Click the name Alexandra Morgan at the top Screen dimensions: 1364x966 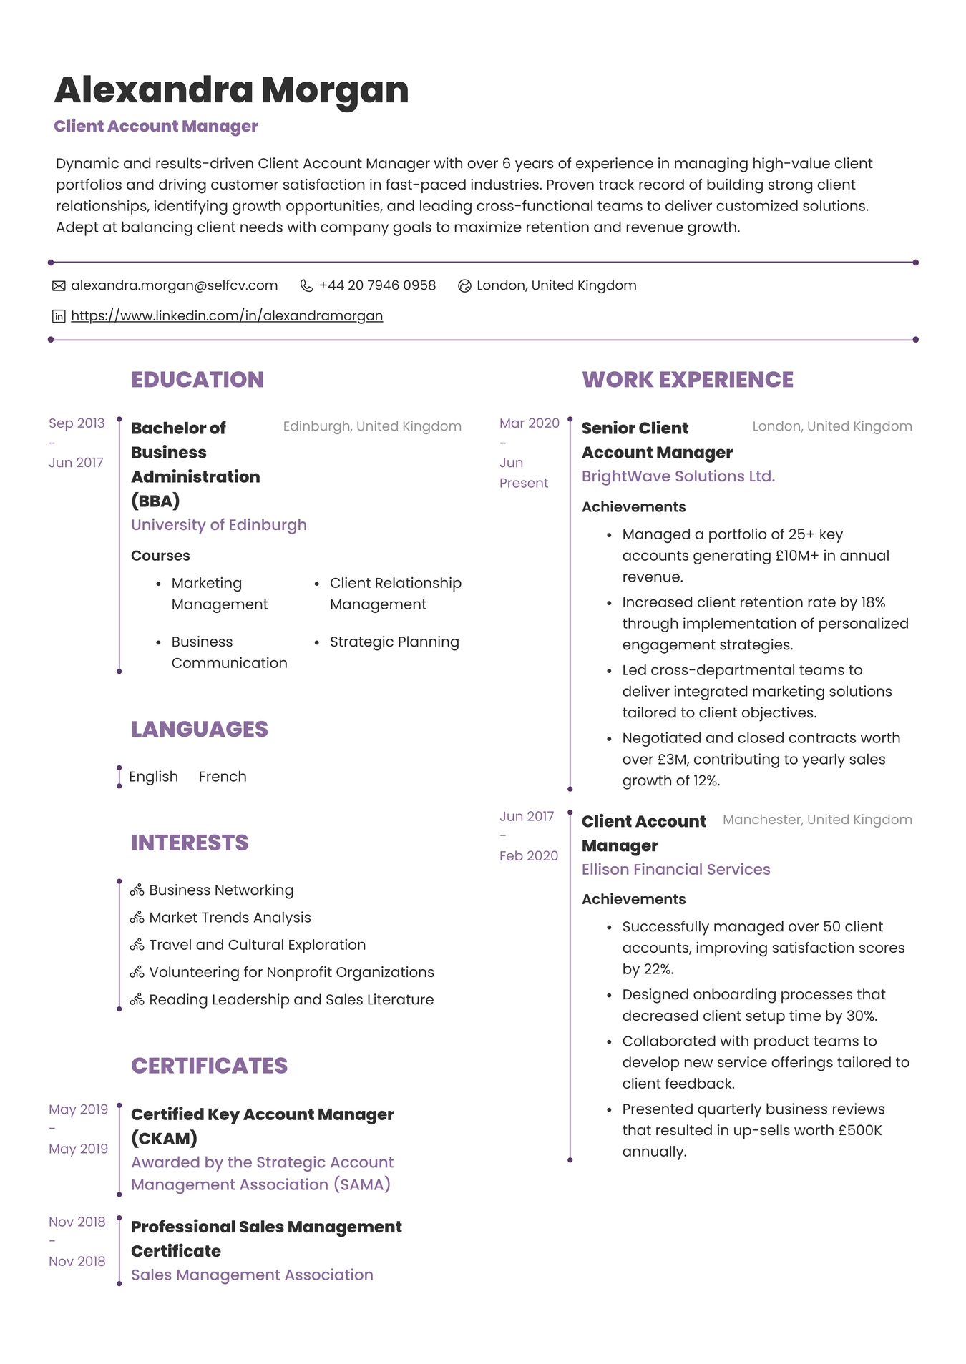pos(231,90)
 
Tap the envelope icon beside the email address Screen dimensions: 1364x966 pos(59,286)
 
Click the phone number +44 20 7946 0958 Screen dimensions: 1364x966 pos(377,285)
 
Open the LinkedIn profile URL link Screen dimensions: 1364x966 pos(227,315)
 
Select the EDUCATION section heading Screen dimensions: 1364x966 pos(197,380)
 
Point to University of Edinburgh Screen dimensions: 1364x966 pos(218,525)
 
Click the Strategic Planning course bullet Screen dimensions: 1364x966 pos(394,642)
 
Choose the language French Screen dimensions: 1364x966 pos(222,777)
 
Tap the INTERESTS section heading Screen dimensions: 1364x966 pos(189,843)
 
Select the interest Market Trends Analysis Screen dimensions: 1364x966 pos(230,918)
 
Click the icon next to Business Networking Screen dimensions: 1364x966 pos(137,890)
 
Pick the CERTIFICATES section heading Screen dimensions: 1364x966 pos(209,1066)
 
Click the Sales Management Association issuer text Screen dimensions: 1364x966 pos(252,1275)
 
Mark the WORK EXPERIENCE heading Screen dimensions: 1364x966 pos(687,380)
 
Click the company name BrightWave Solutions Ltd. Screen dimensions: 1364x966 pos(678,476)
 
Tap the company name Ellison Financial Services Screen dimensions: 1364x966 pos(675,870)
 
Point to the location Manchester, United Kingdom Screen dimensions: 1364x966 pos(816,820)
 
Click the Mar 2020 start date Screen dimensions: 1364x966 pos(529,423)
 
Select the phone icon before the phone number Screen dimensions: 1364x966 pos(306,286)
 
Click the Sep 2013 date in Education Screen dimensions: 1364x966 pos(77,423)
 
